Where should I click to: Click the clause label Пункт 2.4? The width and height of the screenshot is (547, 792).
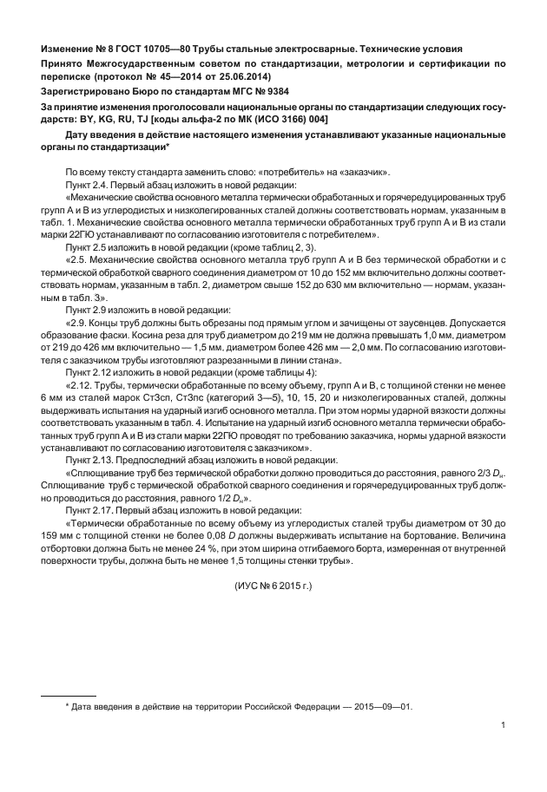[88, 185]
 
